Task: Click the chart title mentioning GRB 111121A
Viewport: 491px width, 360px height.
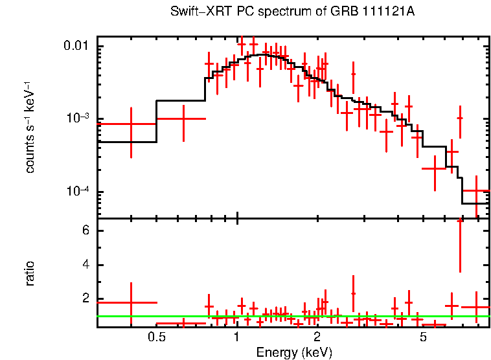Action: (293, 12)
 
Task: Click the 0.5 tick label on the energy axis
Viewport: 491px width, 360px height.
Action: (155, 337)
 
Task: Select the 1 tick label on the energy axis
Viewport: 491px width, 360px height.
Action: (237, 337)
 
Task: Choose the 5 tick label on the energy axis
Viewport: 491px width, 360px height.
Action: (422, 337)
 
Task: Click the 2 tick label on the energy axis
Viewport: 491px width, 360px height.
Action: (317, 337)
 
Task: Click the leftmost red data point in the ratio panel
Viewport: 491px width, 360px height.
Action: (131, 302)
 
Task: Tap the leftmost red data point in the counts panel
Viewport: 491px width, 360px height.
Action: (131, 124)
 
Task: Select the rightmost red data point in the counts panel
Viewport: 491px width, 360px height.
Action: (476, 191)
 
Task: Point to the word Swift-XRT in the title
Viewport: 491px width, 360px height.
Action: (194, 12)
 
